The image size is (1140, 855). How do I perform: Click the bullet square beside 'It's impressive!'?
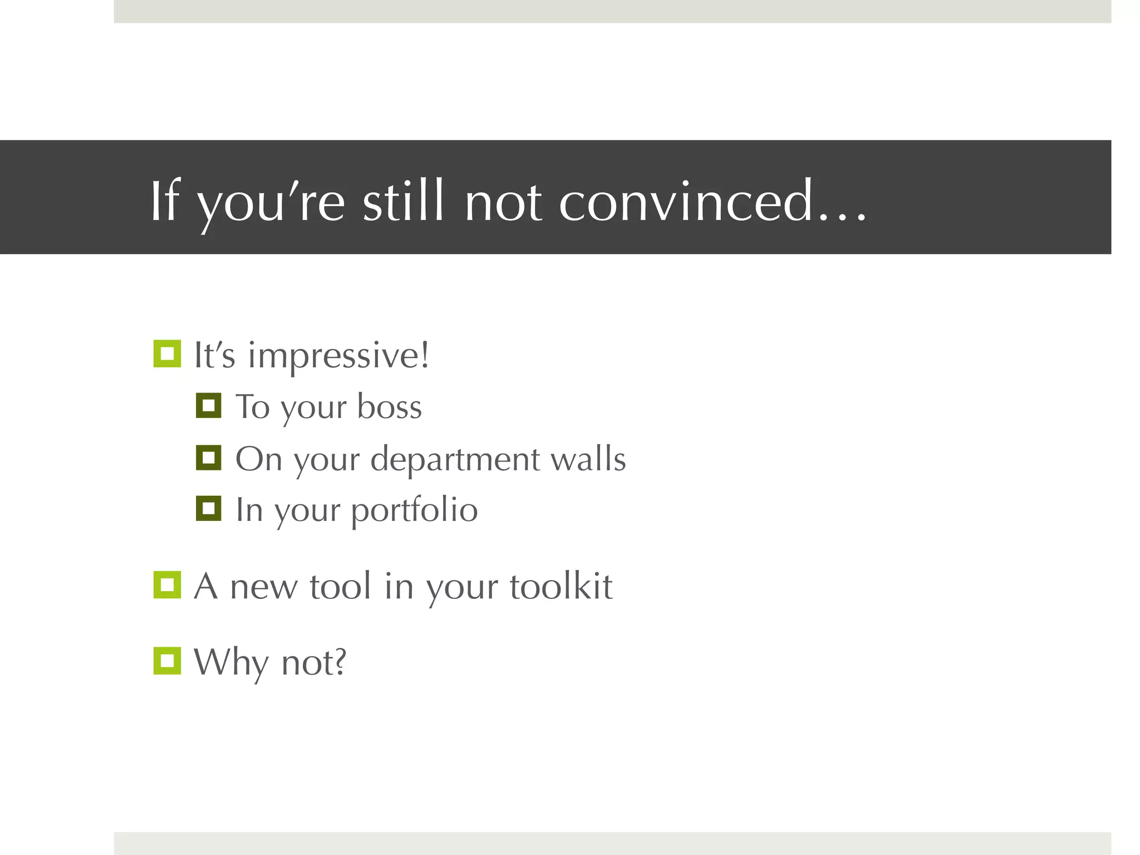tap(167, 353)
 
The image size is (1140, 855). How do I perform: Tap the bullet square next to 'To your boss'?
tap(209, 405)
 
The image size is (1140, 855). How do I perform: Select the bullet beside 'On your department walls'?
tap(209, 458)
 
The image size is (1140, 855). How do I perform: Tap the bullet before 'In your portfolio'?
tap(209, 508)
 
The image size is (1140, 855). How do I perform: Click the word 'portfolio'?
tap(414, 511)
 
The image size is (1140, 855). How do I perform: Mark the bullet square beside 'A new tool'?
tap(167, 585)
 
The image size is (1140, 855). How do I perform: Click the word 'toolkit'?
tap(561, 586)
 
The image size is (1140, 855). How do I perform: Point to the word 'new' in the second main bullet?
tap(264, 588)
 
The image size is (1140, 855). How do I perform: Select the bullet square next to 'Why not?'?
tap(167, 661)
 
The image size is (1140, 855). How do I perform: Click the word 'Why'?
tap(231, 662)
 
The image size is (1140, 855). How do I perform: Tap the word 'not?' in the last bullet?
tap(314, 662)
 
